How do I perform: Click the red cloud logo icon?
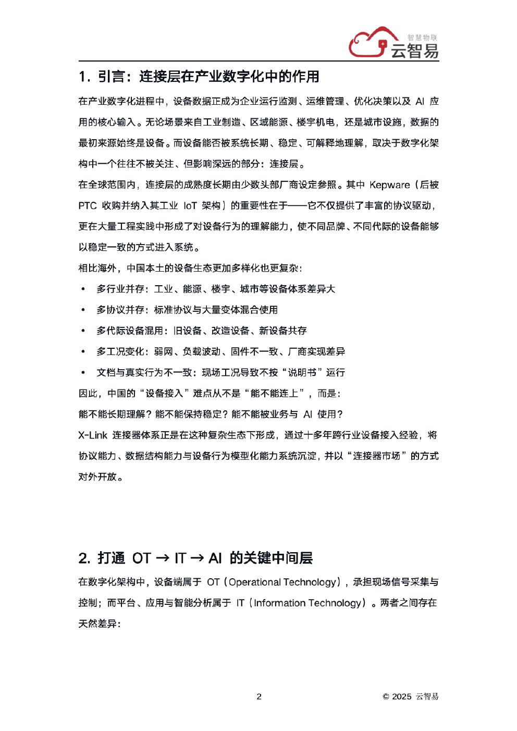tap(368, 42)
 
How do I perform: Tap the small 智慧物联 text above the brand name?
tap(421, 38)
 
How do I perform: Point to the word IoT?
tap(191, 205)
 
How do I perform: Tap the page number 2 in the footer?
tap(259, 697)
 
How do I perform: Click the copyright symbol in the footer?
tap(386, 697)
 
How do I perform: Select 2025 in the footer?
tap(402, 697)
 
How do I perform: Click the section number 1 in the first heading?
tap(82, 77)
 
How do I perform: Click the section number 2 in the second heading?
tap(84, 558)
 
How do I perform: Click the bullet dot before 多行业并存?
tap(82, 289)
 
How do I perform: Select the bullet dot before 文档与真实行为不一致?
tap(82, 372)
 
